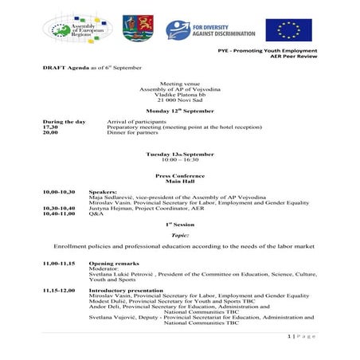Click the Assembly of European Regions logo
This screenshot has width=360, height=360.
click(x=77, y=28)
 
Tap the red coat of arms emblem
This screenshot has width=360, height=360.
click(x=133, y=29)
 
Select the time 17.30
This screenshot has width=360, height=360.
click(x=49, y=127)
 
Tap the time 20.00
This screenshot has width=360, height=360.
click(x=49, y=132)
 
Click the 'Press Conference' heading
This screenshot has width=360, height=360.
click(x=179, y=174)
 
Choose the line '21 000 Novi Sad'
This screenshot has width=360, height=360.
click(x=179, y=98)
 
